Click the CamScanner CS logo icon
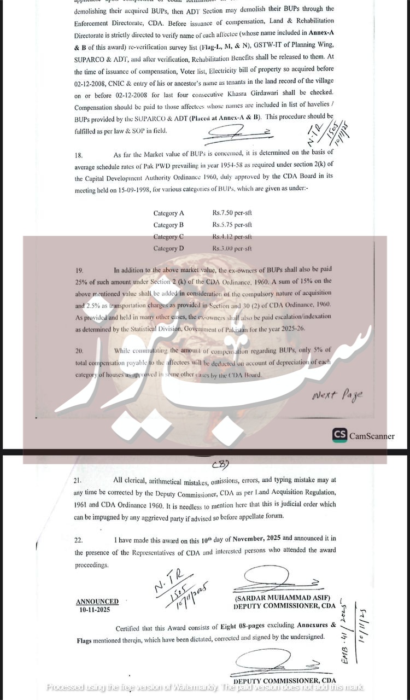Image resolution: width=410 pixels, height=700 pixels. [340, 435]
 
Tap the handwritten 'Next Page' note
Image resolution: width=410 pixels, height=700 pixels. [337, 396]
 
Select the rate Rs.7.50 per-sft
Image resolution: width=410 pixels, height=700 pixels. [232, 213]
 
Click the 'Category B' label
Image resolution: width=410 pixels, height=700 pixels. [168, 225]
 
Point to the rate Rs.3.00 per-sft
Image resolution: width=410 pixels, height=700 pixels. [232, 248]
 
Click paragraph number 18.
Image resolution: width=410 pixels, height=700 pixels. [79, 155]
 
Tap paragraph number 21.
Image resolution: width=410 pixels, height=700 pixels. [78, 480]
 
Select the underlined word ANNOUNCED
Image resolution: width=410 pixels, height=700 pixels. [97, 602]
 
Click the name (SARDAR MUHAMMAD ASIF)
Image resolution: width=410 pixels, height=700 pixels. [277, 598]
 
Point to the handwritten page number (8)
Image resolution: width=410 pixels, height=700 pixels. [220, 464]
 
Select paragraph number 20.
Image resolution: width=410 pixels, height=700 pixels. [79, 351]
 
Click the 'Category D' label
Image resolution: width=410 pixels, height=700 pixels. [168, 248]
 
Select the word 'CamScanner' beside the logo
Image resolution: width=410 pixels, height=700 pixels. [372, 436]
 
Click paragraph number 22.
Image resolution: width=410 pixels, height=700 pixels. [79, 540]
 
